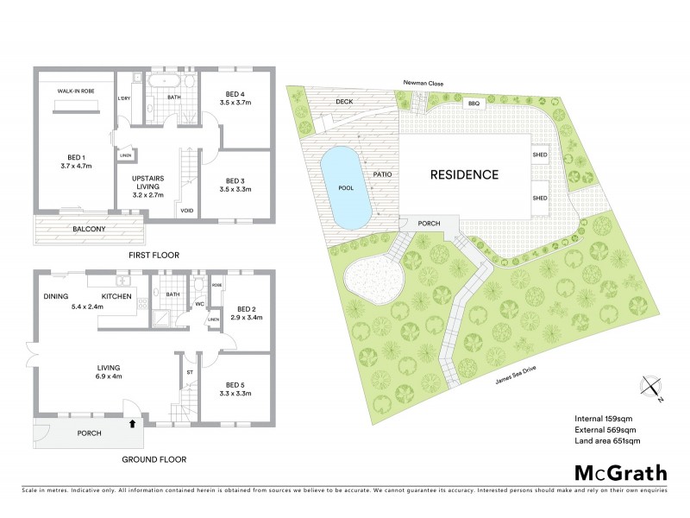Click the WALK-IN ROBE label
pos(76,89)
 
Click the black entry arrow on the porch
pos(132,423)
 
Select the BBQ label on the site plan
pos(473,104)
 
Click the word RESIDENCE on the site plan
pos(464,174)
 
